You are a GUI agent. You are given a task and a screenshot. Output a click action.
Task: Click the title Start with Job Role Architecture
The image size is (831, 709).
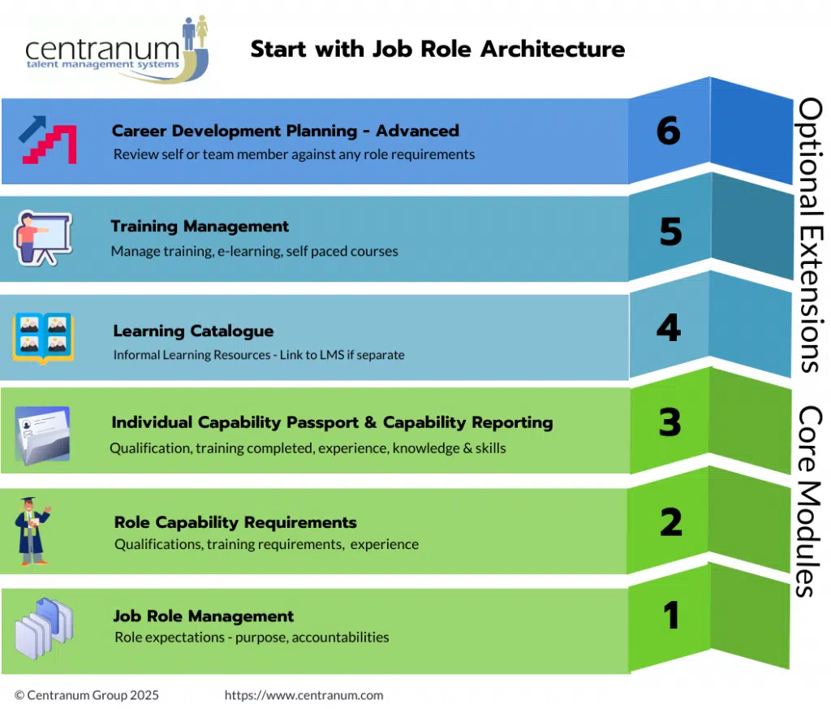click(437, 49)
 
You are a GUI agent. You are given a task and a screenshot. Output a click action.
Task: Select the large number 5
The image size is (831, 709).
click(670, 232)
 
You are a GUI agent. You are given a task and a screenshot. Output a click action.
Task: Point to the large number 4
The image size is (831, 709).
click(668, 328)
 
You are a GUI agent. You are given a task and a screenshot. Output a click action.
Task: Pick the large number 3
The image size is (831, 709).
click(670, 423)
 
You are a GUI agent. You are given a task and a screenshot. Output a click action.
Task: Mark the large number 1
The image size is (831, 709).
click(671, 616)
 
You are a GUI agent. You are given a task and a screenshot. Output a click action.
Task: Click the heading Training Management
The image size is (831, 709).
click(200, 227)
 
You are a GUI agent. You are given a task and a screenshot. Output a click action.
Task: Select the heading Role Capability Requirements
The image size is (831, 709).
click(235, 522)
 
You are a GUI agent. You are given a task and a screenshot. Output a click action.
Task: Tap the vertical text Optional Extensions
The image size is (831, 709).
click(809, 235)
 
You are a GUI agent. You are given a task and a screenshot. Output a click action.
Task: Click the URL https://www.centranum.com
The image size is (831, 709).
click(304, 695)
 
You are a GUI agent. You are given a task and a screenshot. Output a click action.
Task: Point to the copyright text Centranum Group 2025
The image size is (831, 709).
click(87, 695)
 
